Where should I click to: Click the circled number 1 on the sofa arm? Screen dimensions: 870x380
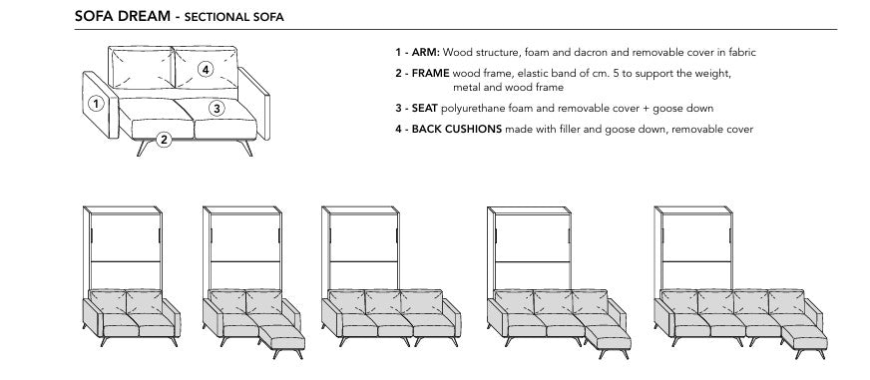pos(94,102)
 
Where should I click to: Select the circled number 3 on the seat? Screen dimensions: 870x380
pos(215,107)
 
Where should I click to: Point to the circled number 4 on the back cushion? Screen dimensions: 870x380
pos(205,69)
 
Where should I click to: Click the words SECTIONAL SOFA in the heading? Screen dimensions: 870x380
pos(220,18)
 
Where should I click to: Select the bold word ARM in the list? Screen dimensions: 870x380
pos(423,51)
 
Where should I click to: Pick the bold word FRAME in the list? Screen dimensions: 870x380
pos(430,73)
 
